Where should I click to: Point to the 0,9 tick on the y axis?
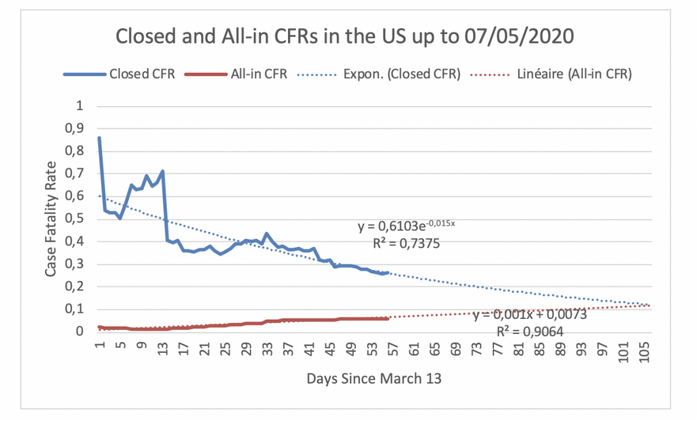(81, 129)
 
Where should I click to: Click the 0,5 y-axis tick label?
(81, 219)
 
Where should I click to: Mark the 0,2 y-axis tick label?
(81, 286)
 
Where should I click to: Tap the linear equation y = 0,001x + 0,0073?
(530, 315)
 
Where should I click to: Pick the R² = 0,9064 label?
(530, 332)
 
